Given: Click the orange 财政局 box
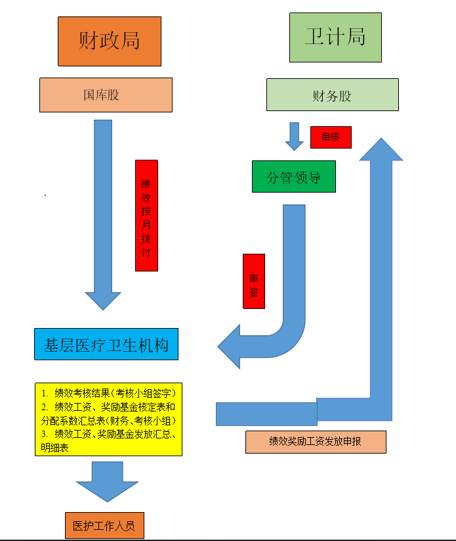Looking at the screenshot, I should (x=110, y=41).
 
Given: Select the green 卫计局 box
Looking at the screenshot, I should (x=335, y=37).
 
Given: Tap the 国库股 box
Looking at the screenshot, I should (x=106, y=95).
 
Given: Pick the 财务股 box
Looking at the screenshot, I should (x=332, y=95).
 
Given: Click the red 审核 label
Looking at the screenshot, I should (x=331, y=137).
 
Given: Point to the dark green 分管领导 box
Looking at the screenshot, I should (x=293, y=177).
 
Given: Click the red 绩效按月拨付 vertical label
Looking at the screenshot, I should (x=146, y=216).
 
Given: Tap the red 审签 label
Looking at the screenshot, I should (x=254, y=281).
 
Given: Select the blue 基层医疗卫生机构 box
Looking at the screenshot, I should (x=106, y=344).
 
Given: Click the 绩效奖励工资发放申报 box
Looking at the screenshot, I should (x=316, y=442).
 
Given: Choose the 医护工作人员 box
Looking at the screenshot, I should (x=104, y=526).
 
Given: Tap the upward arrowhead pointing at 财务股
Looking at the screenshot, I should (x=381, y=149).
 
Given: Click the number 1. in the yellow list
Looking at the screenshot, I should (x=45, y=393).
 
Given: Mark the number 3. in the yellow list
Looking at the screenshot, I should (x=45, y=434).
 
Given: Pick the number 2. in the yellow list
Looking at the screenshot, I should (x=45, y=407).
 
